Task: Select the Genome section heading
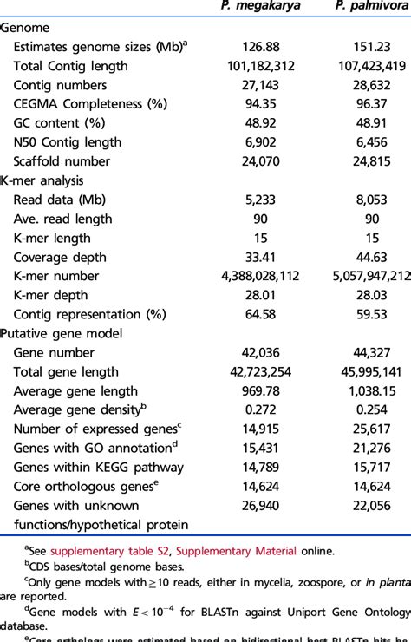25,28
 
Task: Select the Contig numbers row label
60,85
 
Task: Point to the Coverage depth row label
59,257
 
